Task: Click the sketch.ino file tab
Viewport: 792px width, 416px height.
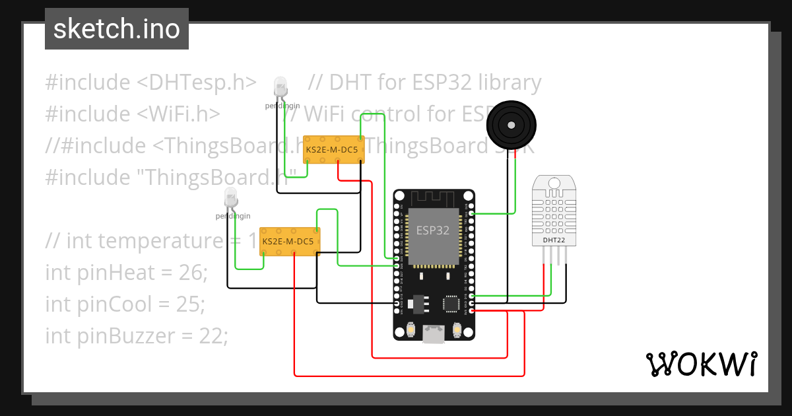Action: click(x=116, y=29)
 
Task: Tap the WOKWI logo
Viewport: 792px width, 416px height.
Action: click(x=700, y=364)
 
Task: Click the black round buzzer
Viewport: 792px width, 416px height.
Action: click(x=511, y=125)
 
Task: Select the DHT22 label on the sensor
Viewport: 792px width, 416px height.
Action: click(x=553, y=240)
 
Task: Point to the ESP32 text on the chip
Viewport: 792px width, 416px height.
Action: click(x=432, y=230)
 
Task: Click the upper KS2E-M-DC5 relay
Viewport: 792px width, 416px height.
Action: click(x=334, y=150)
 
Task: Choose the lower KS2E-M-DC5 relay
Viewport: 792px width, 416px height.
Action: click(x=290, y=241)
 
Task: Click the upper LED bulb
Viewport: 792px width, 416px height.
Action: click(x=280, y=86)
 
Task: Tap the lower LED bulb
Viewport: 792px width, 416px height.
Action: click(x=230, y=197)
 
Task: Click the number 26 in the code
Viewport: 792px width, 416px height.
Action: click(x=192, y=272)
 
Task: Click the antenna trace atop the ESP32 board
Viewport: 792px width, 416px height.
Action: click(x=433, y=198)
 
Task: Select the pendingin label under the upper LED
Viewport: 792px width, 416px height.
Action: click(x=282, y=106)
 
